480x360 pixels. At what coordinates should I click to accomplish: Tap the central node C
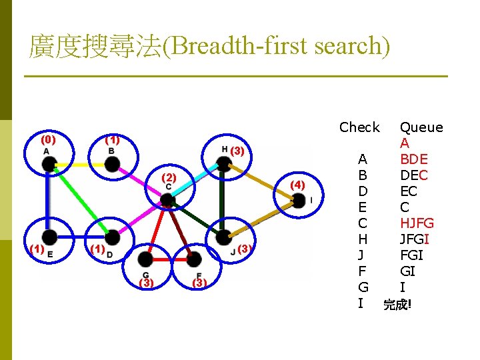pos(168,200)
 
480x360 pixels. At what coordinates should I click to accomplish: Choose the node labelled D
pos(113,237)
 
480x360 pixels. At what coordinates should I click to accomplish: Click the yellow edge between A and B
pos(81,163)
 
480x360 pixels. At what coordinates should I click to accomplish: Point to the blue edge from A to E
pos(49,200)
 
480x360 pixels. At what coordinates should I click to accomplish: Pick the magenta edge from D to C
pos(140,219)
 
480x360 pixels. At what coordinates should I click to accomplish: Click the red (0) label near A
pos(48,140)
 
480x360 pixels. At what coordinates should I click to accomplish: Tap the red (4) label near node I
pos(297,184)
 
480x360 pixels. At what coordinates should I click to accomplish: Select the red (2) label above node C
pos(169,178)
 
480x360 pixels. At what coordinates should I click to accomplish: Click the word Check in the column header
pos(359,127)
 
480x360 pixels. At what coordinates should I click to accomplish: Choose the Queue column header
pos(421,127)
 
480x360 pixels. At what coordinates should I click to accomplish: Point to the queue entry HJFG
pos(417,223)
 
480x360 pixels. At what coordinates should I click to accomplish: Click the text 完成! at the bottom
pos(398,305)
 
